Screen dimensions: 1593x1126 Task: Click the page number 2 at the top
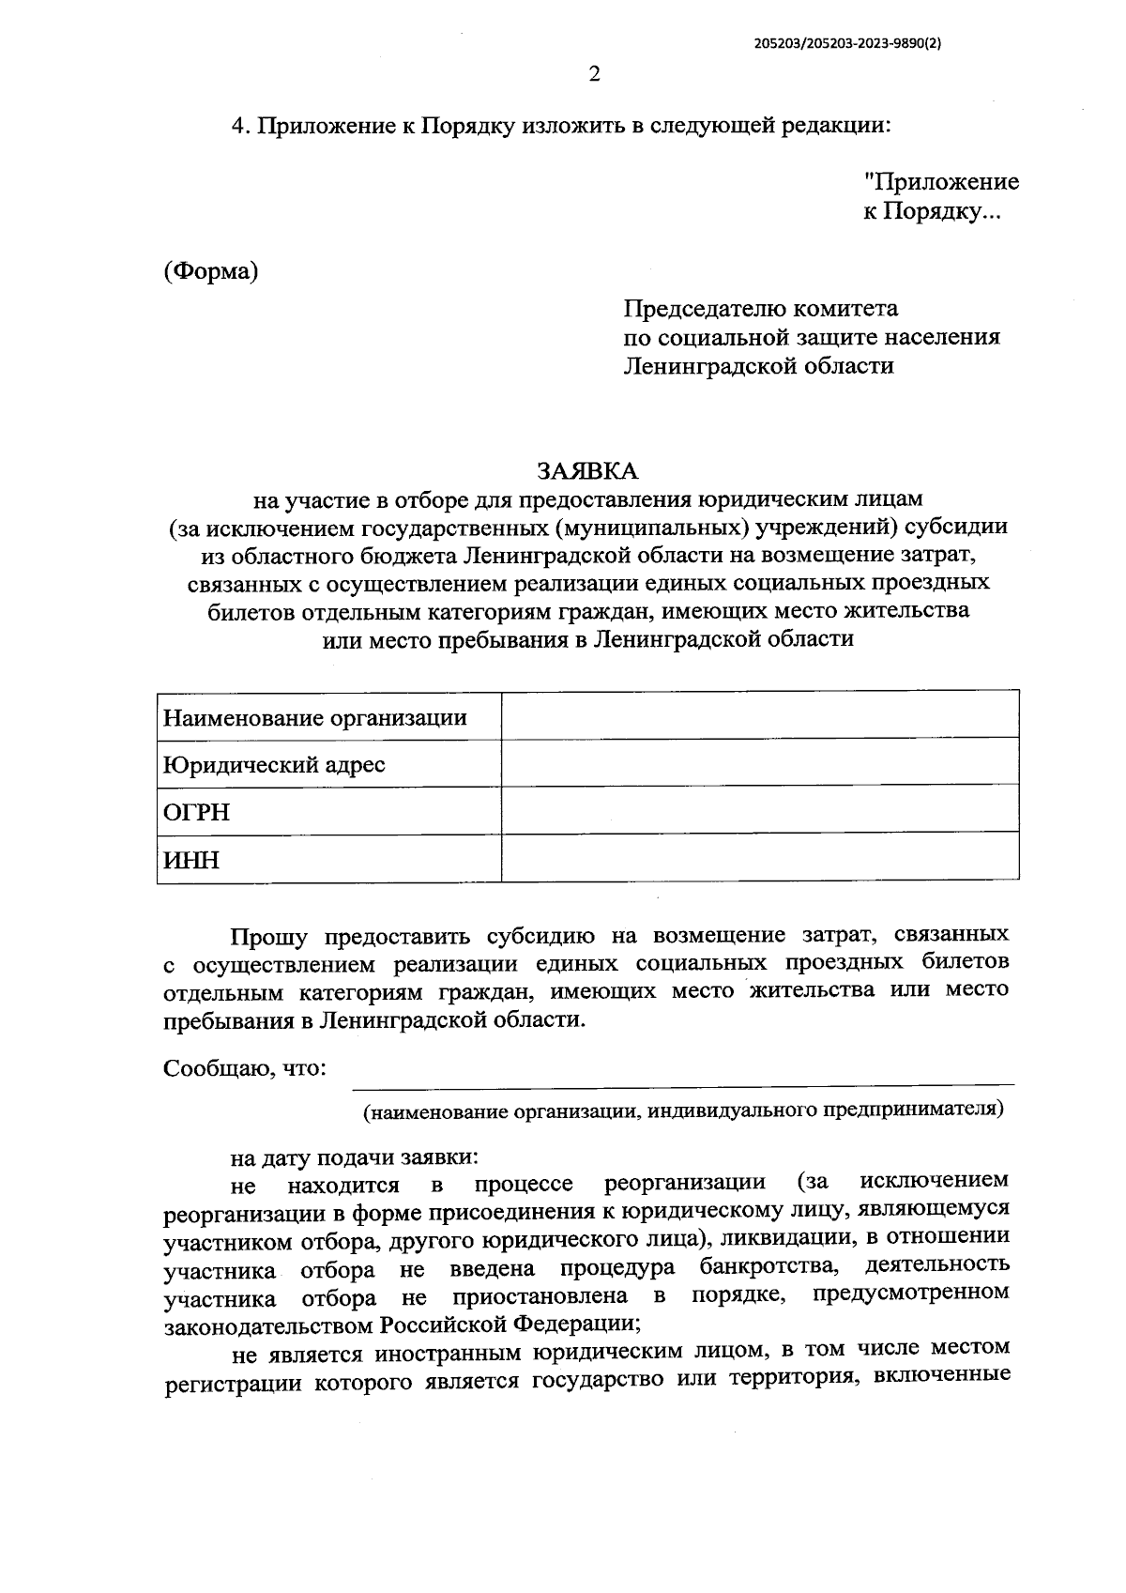593,75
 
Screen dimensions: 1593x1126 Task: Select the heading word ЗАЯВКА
586,468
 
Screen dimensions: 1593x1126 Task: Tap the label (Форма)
211,272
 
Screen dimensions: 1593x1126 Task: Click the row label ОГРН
196,812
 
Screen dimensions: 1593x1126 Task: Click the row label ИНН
191,859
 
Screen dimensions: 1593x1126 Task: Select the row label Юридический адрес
274,765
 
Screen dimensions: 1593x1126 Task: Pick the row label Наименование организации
315,718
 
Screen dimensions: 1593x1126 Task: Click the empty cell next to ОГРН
760,809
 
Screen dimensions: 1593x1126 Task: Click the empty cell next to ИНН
760,857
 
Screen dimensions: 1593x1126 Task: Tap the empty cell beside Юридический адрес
760,761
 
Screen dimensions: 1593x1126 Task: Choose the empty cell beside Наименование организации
760,714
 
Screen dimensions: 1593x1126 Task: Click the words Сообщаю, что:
244,1069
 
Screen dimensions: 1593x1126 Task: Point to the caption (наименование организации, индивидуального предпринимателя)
683,1110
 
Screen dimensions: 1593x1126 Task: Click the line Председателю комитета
761,309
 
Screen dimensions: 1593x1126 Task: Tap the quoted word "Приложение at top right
941,182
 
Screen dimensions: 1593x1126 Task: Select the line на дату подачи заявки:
356,1157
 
